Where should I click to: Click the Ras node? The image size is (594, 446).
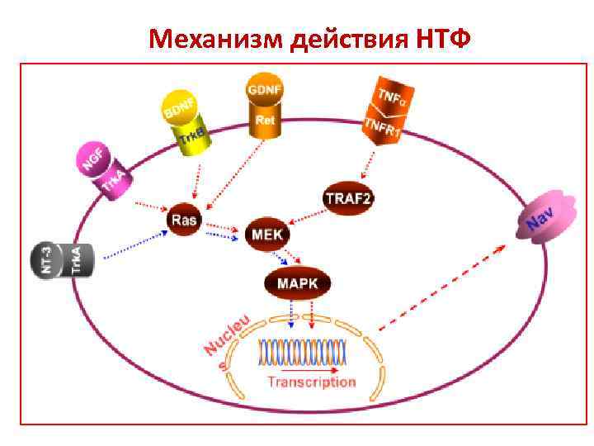184,219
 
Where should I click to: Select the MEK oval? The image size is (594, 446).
267,235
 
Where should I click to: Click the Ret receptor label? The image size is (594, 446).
265,121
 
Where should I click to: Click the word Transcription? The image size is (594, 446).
311,382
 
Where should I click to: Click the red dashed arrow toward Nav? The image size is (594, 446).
441,286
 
